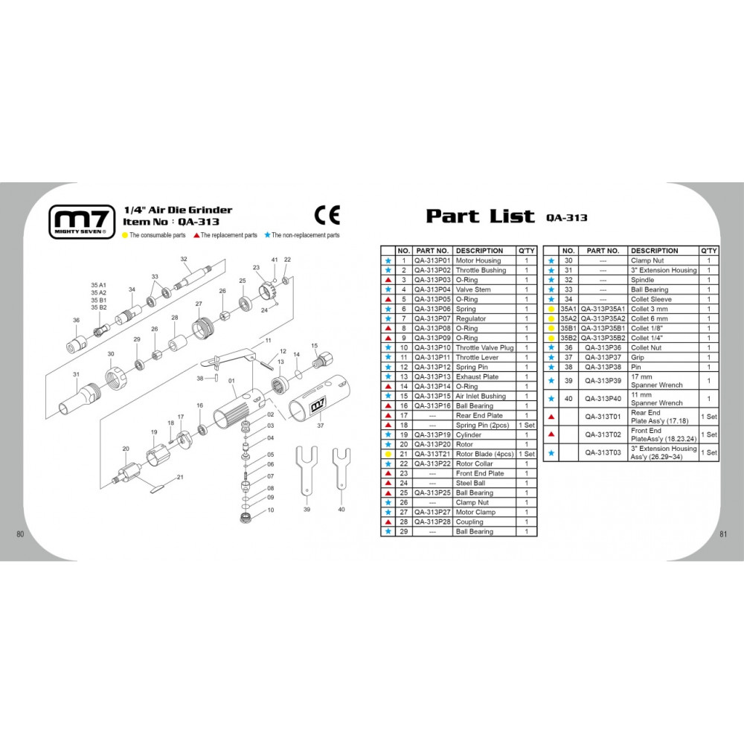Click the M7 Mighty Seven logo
click(82, 222)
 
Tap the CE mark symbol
click(327, 215)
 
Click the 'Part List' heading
click(480, 216)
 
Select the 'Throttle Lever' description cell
click(477, 357)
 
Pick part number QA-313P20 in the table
click(432, 445)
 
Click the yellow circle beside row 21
click(388, 454)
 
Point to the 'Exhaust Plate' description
click(477, 376)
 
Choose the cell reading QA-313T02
click(603, 434)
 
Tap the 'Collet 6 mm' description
click(649, 319)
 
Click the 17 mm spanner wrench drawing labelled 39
click(307, 469)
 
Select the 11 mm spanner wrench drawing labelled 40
click(341, 467)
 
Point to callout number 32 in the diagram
click(184, 259)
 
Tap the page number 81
click(723, 533)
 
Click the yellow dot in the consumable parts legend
click(125, 235)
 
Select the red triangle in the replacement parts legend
click(196, 235)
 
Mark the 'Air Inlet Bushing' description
click(481, 397)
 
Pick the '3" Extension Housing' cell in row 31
click(664, 270)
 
